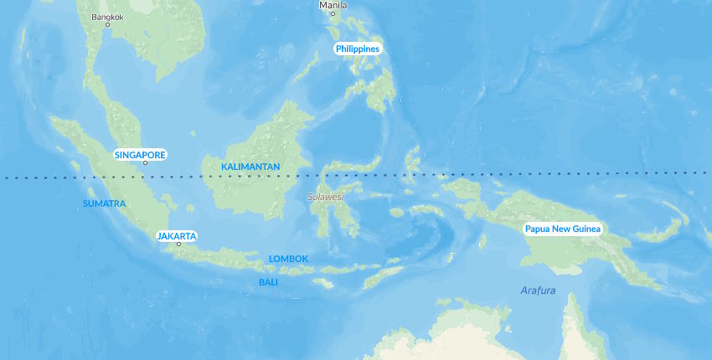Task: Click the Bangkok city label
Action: (x=106, y=16)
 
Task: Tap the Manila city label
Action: (x=332, y=5)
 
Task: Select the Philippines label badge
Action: (x=358, y=49)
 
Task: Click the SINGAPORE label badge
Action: (x=140, y=155)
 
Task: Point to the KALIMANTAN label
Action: (x=250, y=167)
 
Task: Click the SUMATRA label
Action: (x=105, y=203)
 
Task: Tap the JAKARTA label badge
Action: (x=177, y=236)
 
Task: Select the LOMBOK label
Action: (x=288, y=259)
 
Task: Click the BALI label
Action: (x=268, y=282)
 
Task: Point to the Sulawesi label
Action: (x=325, y=197)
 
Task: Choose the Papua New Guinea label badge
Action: (x=562, y=229)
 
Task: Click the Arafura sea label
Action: (x=538, y=291)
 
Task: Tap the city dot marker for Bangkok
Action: (x=107, y=25)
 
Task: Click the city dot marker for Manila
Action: (x=333, y=13)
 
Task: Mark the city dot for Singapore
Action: (x=145, y=163)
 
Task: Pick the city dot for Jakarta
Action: (x=178, y=244)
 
